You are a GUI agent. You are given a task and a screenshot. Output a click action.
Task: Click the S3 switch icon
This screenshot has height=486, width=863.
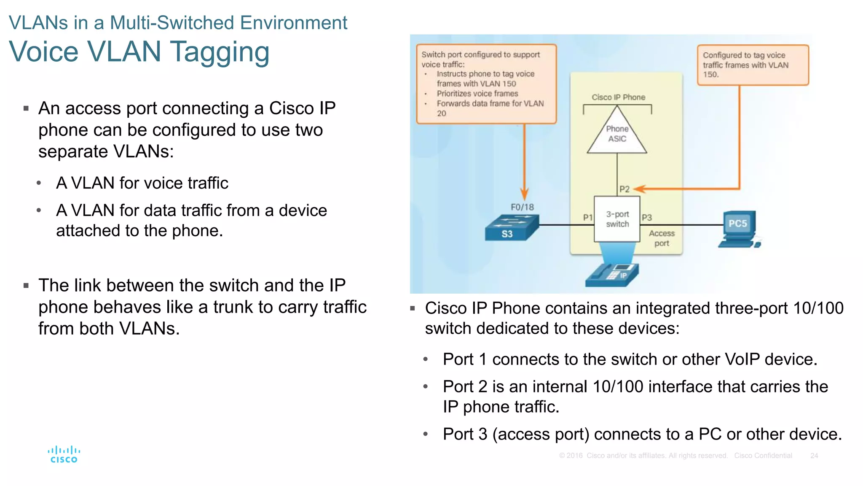511,228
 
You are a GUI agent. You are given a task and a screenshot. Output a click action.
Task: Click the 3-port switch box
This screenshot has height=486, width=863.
617,219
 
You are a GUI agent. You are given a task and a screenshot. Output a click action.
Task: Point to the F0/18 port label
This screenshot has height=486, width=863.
522,207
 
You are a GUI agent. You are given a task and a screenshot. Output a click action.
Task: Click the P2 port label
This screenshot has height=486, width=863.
624,189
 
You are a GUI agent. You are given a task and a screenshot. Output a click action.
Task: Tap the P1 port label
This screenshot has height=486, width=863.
587,218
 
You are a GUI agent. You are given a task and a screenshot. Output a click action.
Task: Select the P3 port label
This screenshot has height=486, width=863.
646,218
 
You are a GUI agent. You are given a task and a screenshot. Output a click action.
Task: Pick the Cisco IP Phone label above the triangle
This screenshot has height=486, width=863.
618,97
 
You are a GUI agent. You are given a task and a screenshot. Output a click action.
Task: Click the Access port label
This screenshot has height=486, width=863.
662,238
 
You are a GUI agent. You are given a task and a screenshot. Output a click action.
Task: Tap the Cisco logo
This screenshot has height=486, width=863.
64,454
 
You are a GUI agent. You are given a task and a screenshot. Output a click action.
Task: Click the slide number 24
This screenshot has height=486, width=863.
814,456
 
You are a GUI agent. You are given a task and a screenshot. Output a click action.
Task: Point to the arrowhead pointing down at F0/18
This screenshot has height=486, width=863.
524,194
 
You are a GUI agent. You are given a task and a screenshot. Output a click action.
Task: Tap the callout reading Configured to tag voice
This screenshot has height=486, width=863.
753,65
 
